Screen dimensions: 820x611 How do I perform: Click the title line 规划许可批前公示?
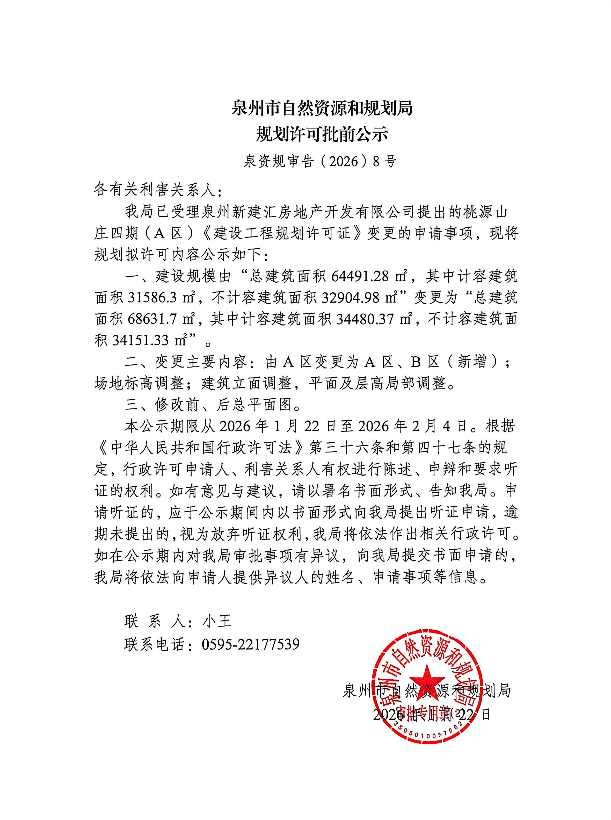322,134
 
